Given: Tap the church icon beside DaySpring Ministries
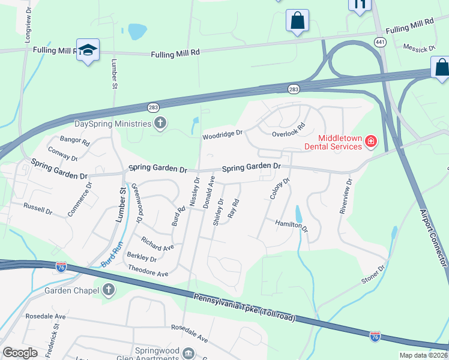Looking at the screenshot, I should click(x=160, y=124).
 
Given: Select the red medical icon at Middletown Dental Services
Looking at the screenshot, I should click(x=371, y=142).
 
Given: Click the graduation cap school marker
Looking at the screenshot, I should click(x=88, y=50).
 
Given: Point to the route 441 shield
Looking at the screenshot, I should click(x=379, y=41).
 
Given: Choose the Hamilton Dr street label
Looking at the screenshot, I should click(x=292, y=226).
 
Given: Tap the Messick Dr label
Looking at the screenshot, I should click(x=419, y=49).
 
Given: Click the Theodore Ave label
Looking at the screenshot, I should click(x=148, y=273).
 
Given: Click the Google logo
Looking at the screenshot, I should click(x=20, y=353).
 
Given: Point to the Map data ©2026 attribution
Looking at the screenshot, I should click(x=423, y=355).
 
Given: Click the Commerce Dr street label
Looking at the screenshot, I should click(x=80, y=199).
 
